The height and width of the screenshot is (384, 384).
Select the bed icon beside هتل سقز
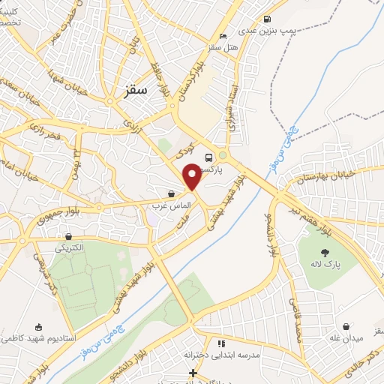[x=221, y=36]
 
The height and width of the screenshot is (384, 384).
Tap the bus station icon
[x=208, y=157]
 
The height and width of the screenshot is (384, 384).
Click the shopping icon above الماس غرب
[x=172, y=194]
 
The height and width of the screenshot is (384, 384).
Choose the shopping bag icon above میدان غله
[x=346, y=327]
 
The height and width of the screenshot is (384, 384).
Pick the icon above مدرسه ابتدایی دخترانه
[x=220, y=343]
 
